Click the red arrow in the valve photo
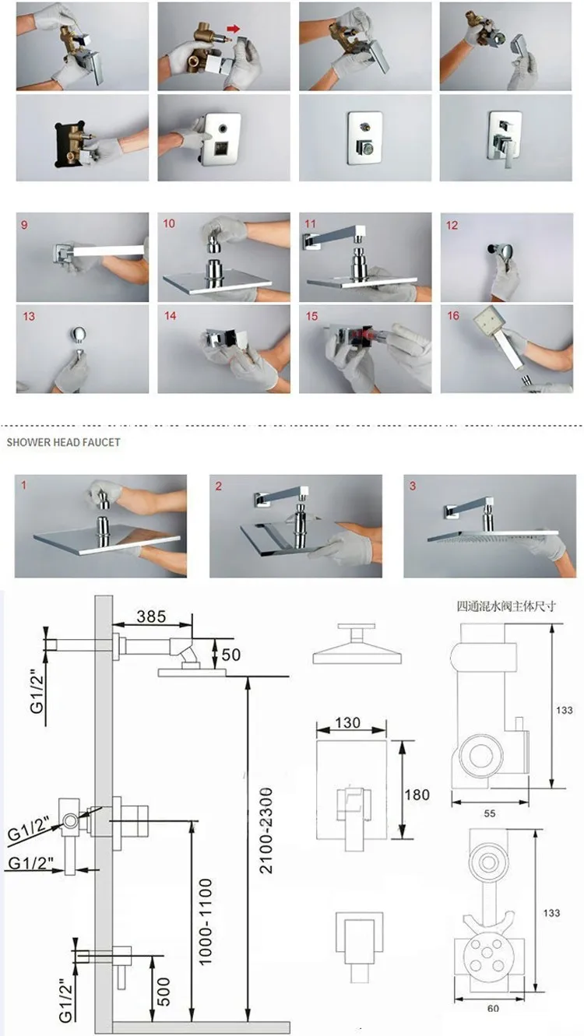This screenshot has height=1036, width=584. point(234,29)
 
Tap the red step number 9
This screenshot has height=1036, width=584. point(24,225)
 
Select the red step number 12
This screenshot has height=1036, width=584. point(452,225)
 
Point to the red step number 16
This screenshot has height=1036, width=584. point(453,315)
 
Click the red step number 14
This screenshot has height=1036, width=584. point(171,315)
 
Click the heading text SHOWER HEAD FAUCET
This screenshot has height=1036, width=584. point(63,442)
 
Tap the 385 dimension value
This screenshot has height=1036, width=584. point(151,616)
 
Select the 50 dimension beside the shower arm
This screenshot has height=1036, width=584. point(231,655)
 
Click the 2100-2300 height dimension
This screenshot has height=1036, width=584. point(266,831)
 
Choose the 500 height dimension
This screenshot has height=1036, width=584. point(164,992)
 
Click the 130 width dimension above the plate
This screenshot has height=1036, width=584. point(347,722)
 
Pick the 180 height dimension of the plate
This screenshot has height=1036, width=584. point(417,795)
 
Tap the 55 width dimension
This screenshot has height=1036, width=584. point(490,813)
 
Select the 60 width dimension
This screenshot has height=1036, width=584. point(494,1009)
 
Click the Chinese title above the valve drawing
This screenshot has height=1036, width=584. point(506,606)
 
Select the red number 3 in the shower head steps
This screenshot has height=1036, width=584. point(413,486)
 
